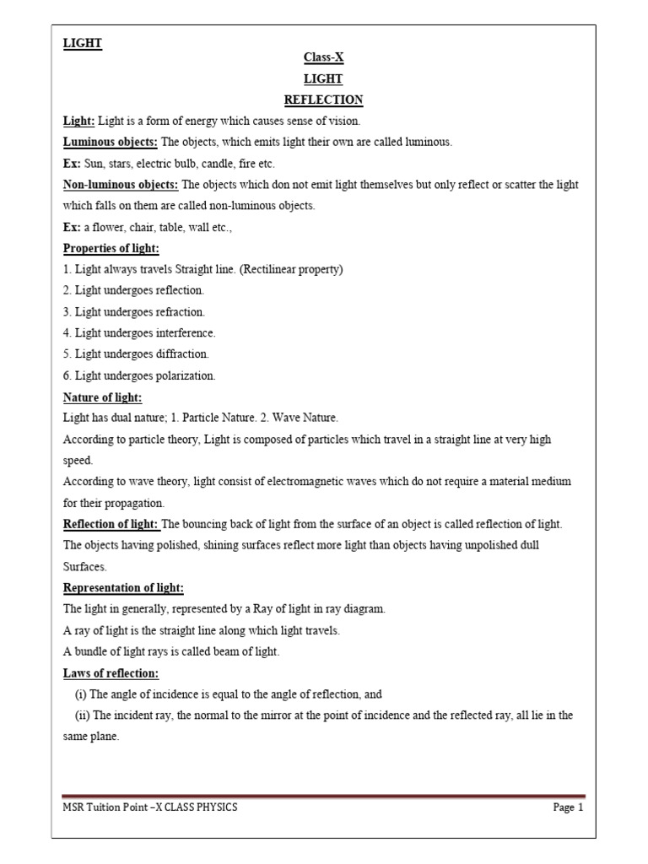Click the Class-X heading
(x=324, y=58)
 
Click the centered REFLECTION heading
(x=324, y=100)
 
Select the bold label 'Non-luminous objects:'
(x=121, y=185)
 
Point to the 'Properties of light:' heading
(x=111, y=248)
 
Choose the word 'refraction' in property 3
(x=178, y=312)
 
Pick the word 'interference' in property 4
(x=184, y=333)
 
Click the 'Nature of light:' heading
(x=103, y=397)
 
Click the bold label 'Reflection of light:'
(x=111, y=525)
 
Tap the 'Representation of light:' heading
(x=123, y=588)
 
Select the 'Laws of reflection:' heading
(x=111, y=673)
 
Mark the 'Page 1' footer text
(x=568, y=807)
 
